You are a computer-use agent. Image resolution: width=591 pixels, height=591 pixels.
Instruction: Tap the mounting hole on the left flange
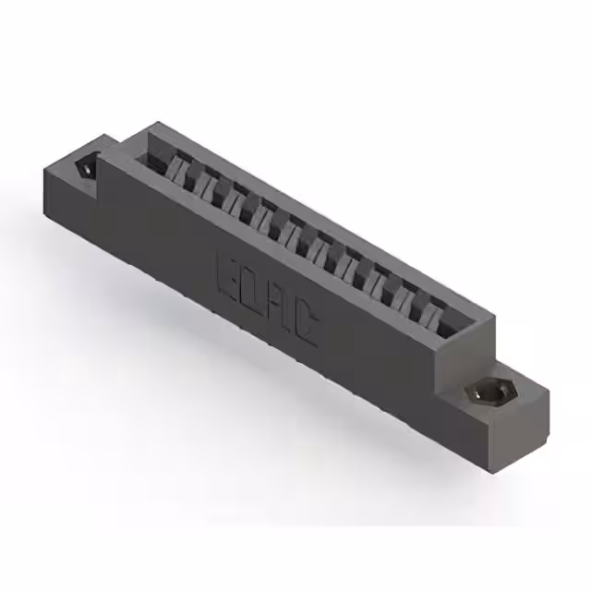tap(84, 170)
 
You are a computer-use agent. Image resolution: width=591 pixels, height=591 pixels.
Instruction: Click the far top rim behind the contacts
tap(323, 218)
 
